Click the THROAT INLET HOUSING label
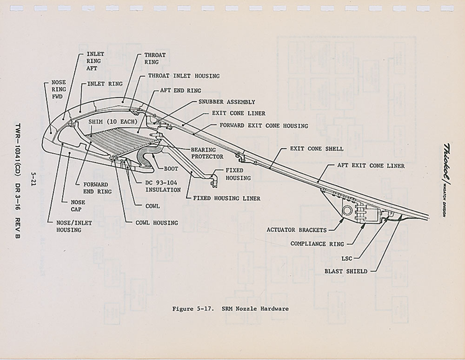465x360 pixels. point(184,76)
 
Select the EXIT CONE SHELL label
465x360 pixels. point(317,149)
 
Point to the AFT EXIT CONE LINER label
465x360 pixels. point(371,165)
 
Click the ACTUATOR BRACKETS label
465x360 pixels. point(296,229)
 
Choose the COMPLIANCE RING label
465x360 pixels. point(317,243)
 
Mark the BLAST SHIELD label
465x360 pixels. point(346,271)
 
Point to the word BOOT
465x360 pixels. point(172,169)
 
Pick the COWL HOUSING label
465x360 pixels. point(157,223)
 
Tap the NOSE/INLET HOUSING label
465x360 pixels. point(74,226)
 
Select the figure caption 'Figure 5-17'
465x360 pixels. point(230,309)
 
